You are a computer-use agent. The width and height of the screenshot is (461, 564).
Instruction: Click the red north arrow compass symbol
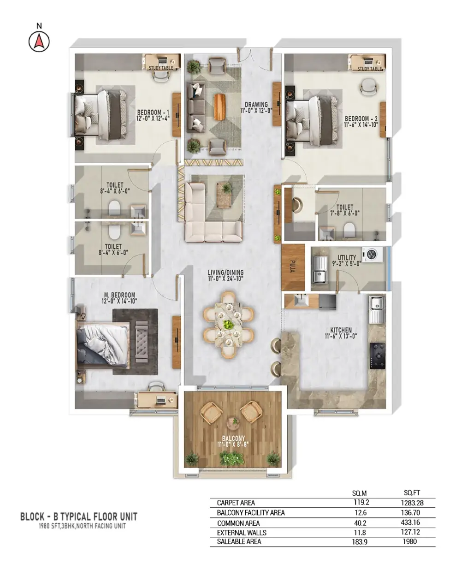pos(39,42)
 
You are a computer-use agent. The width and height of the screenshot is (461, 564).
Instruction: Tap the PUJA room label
pos(293,267)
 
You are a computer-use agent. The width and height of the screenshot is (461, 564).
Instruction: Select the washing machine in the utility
pos(372,254)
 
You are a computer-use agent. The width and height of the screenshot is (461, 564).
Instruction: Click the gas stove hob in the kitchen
pos(378,356)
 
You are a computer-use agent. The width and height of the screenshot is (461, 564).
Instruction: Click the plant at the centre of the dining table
pos(229,325)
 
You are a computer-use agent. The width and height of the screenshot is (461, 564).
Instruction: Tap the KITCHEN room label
pos(341,330)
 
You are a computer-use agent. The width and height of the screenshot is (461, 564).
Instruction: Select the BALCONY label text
pos(233,439)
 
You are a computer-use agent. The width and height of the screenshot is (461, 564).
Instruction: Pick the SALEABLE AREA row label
pos(239,541)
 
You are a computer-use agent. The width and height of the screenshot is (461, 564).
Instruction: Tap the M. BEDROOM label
pos(119,295)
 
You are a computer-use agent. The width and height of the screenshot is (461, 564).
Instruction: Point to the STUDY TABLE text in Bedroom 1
pos(161,68)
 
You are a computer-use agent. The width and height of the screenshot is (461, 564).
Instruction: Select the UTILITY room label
pos(347,257)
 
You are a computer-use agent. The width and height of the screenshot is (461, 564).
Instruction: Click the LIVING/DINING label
pos(226,273)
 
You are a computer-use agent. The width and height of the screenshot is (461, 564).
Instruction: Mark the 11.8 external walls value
pos(360,532)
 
